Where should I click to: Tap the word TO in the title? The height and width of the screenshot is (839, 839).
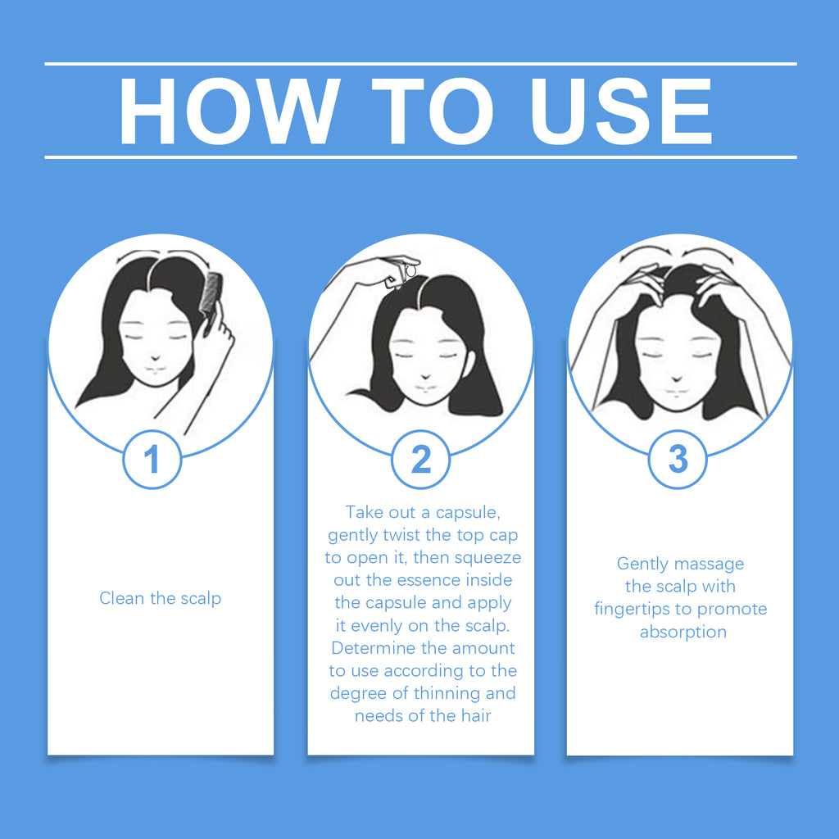[438, 111]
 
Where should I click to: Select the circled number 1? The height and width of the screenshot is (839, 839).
[152, 460]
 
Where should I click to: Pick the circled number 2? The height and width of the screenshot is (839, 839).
[420, 460]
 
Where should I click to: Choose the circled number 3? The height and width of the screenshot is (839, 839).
[678, 460]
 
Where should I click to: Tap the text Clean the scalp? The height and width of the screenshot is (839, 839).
[161, 598]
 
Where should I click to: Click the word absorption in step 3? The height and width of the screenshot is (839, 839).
[683, 632]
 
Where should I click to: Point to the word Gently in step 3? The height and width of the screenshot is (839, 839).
[644, 564]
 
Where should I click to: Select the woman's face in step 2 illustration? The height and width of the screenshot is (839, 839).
[425, 352]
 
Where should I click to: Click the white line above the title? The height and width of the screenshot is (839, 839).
[420, 63]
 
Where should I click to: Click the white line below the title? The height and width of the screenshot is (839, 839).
[420, 156]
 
